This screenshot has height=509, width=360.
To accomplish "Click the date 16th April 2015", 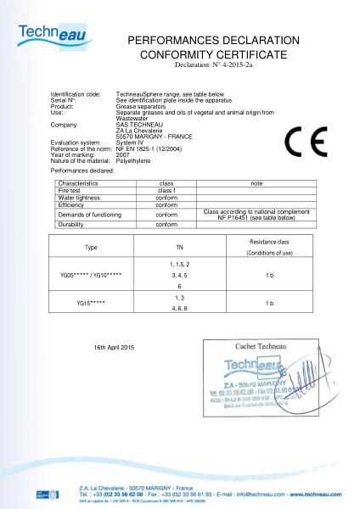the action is pos(115,348).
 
